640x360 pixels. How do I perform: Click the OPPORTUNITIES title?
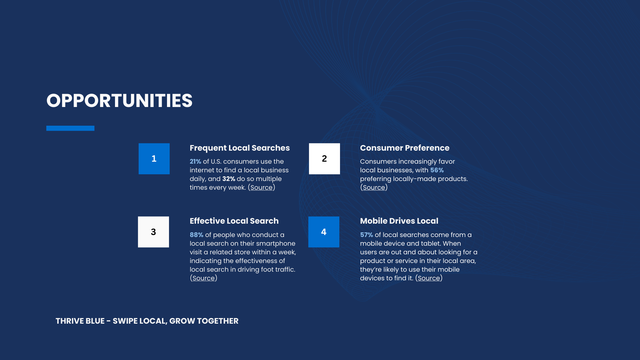pyautogui.click(x=119, y=101)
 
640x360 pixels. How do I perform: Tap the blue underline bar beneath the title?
pyautogui.click(x=70, y=128)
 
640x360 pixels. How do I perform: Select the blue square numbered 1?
pyautogui.click(x=154, y=159)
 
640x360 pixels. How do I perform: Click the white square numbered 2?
pyautogui.click(x=324, y=159)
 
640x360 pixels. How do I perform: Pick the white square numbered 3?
pyautogui.click(x=153, y=232)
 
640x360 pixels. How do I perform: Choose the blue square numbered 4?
pyautogui.click(x=324, y=232)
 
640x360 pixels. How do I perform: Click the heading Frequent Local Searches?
pyautogui.click(x=240, y=148)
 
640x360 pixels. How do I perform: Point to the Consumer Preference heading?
pyautogui.click(x=405, y=148)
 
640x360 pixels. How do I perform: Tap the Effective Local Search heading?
pyautogui.click(x=234, y=221)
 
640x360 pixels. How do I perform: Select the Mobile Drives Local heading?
pyautogui.click(x=399, y=221)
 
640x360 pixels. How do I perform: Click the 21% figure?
pyautogui.click(x=195, y=162)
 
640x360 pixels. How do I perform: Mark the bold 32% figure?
pyautogui.click(x=229, y=179)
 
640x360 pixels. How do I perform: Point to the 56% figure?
pyautogui.click(x=437, y=170)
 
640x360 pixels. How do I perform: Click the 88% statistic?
pyautogui.click(x=196, y=235)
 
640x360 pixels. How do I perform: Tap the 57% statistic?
pyautogui.click(x=366, y=235)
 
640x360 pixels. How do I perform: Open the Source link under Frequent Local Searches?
pyautogui.click(x=261, y=188)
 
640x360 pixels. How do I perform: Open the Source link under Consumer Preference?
pyautogui.click(x=374, y=188)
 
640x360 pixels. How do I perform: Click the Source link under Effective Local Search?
pyautogui.click(x=203, y=278)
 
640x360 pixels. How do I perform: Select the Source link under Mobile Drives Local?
pyautogui.click(x=429, y=278)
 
